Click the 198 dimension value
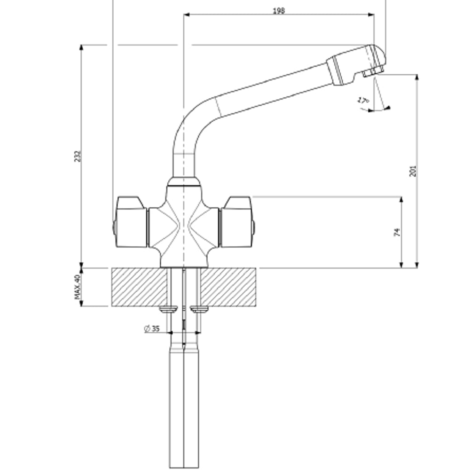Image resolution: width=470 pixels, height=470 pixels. tap(279, 10)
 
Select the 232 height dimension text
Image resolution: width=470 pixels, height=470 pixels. tap(78, 157)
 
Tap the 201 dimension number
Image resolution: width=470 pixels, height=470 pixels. tap(413, 171)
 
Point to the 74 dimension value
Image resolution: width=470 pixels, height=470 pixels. tap(397, 232)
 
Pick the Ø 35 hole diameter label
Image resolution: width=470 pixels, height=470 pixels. tap(152, 329)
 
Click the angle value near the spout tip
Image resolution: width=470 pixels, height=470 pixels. tap(362, 100)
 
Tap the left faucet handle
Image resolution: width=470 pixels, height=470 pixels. tap(131, 222)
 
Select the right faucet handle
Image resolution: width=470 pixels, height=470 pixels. tap(237, 222)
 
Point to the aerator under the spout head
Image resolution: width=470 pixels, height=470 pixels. tap(373, 72)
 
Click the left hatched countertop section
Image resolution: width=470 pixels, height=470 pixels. tap(139, 287)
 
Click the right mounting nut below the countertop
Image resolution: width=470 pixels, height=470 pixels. tap(200, 309)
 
